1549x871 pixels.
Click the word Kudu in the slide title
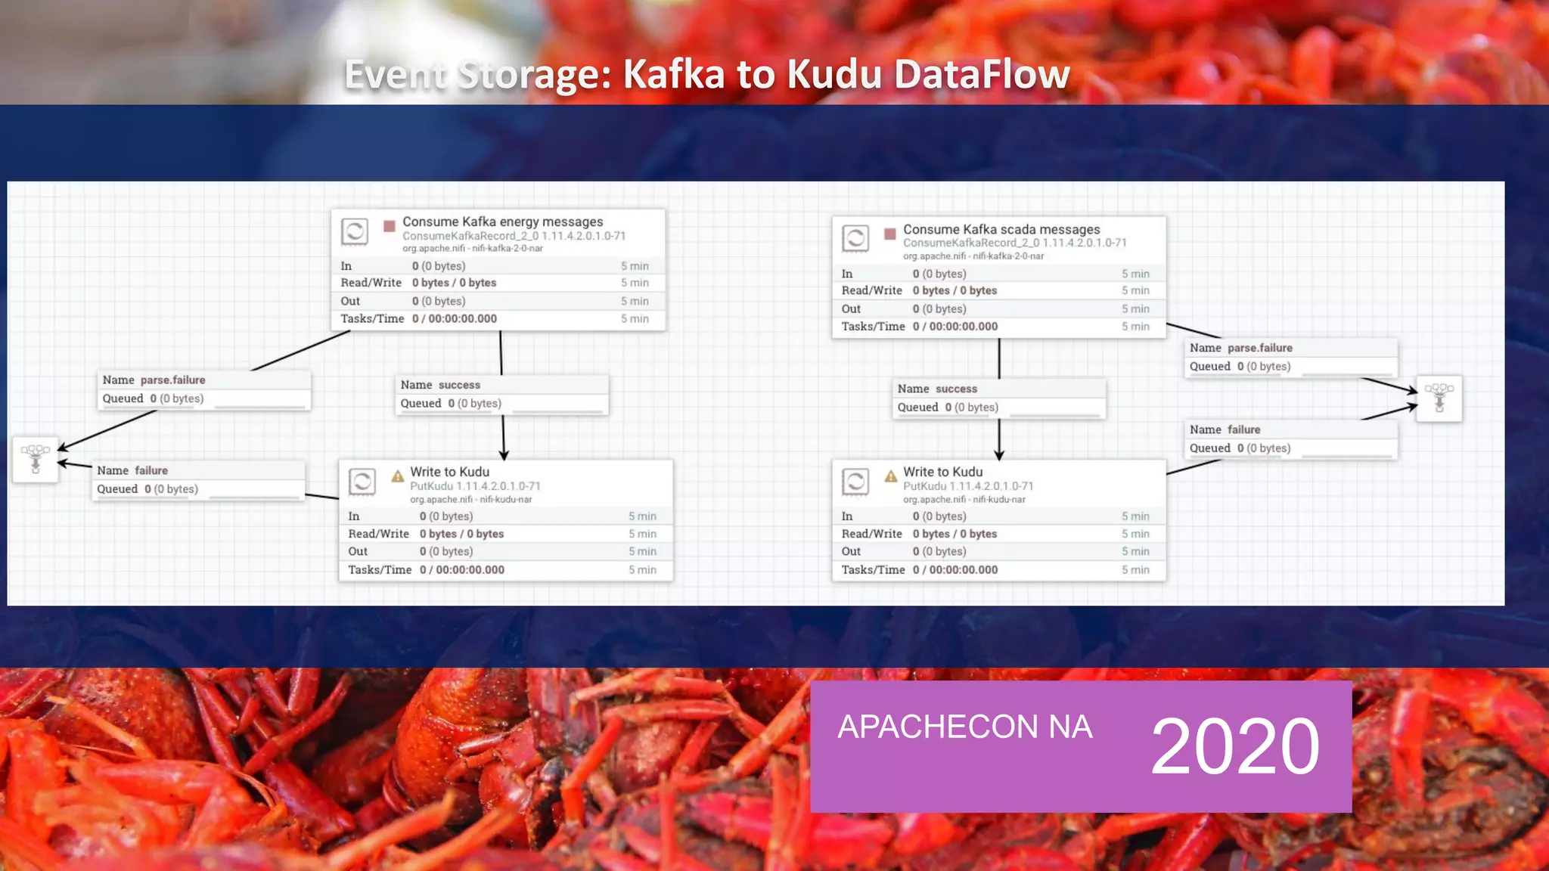[x=835, y=75]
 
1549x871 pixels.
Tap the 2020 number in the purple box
[x=1235, y=746]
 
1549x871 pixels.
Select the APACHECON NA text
[x=964, y=727]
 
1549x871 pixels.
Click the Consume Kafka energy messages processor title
[x=502, y=222]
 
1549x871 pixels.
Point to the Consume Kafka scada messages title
[x=1001, y=229]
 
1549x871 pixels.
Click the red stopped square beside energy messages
[x=390, y=226]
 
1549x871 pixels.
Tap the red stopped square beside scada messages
[x=890, y=234]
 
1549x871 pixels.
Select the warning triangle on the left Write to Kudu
[x=398, y=476]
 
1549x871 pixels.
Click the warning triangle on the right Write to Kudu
[x=891, y=476]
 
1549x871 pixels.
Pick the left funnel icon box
[x=36, y=459]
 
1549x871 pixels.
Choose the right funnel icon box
[x=1439, y=398]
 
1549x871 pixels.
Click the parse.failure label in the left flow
[x=172, y=380]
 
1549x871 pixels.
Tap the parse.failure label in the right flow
[x=1259, y=348]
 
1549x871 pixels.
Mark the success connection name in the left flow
[x=459, y=385]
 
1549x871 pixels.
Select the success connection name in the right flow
[x=956, y=389]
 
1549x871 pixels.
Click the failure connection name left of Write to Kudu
[x=151, y=470]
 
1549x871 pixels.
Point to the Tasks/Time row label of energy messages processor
[x=372, y=319]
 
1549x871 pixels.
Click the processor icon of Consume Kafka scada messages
[x=855, y=239]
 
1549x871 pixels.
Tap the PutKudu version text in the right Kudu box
[x=968, y=486]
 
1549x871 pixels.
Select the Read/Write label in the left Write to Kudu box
[x=378, y=534]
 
